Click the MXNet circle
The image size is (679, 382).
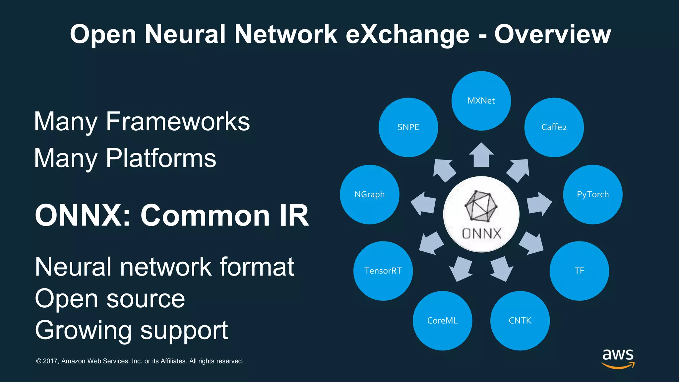coord(481,101)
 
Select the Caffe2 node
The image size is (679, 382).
coord(554,127)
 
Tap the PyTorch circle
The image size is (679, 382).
coord(593,195)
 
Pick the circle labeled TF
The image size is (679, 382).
coord(579,271)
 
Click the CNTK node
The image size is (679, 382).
coord(520,321)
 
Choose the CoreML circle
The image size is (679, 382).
coord(442,321)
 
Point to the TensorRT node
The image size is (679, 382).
coord(383,271)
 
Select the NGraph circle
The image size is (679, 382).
coord(370,195)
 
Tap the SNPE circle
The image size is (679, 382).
coord(408,127)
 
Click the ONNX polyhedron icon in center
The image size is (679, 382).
coord(481,206)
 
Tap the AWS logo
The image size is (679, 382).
coord(618,358)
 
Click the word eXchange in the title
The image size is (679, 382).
coord(407,34)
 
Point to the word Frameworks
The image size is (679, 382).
coord(178,122)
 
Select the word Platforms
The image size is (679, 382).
coord(161,158)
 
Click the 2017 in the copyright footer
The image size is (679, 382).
coord(50,361)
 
